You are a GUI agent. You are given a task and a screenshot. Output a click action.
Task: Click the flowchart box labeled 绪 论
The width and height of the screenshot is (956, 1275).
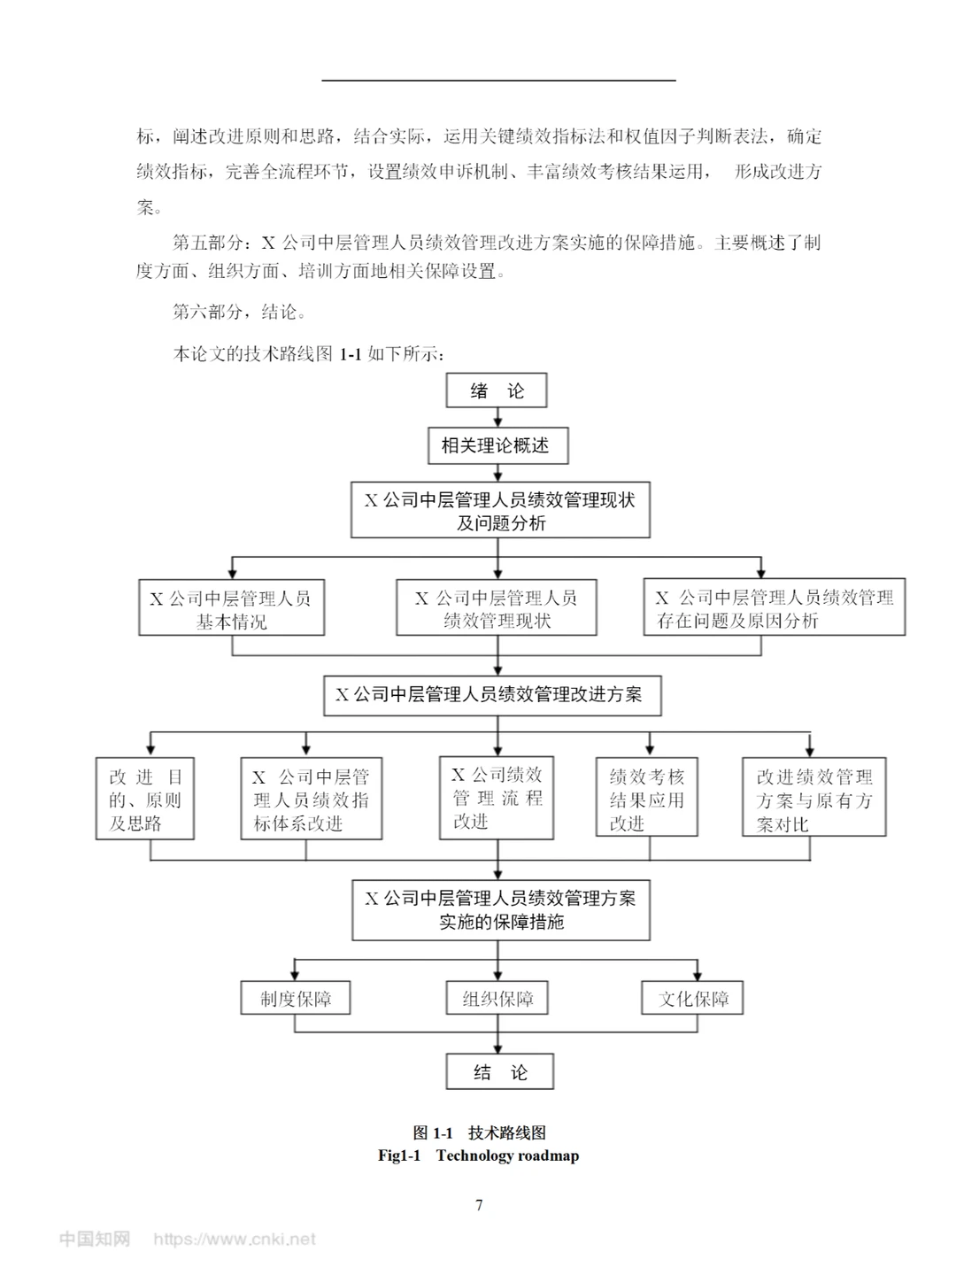(497, 390)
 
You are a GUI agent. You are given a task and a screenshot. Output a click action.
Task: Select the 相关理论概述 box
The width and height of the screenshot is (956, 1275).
(497, 445)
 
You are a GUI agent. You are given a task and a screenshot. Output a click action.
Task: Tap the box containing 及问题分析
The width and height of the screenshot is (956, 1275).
(500, 511)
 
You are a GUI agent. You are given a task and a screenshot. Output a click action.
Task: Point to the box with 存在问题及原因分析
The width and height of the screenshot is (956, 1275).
(774, 608)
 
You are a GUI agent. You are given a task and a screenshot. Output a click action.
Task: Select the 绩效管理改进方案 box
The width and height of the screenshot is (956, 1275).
(492, 695)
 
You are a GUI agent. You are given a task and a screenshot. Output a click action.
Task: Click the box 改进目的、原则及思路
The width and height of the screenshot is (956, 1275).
(145, 799)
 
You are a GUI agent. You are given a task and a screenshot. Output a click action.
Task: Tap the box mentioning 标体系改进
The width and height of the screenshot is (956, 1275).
(312, 799)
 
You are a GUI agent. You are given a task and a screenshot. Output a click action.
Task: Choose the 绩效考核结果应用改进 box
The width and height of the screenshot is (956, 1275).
(647, 799)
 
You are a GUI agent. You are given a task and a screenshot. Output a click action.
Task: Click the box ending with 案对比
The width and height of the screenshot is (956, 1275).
(814, 799)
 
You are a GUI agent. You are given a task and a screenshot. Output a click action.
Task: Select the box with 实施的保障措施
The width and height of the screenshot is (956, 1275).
(501, 909)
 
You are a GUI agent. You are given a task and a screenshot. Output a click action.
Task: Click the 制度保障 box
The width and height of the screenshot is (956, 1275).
(296, 998)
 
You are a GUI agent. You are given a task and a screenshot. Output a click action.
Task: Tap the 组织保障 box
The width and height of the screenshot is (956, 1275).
(497, 998)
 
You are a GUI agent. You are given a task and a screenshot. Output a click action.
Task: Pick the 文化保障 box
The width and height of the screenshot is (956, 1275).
(692, 998)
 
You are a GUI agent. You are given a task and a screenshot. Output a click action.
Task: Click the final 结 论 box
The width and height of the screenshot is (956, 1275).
(500, 1071)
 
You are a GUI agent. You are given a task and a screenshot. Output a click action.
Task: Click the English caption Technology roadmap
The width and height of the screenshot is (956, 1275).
(507, 1155)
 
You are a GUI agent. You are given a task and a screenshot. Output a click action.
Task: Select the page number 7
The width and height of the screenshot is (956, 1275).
(479, 1204)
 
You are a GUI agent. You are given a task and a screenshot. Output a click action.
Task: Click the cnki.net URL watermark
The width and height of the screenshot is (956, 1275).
(235, 1239)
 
